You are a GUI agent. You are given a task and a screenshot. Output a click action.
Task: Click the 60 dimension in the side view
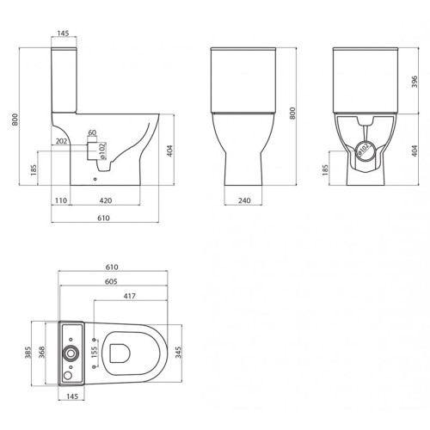click(92, 132)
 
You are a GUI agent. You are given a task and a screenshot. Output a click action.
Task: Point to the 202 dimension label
click(61, 141)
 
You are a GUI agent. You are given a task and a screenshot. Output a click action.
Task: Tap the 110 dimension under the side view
click(61, 200)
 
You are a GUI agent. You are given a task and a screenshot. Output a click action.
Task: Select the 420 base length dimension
click(106, 200)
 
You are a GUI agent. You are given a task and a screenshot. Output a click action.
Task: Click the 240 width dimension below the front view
click(244, 200)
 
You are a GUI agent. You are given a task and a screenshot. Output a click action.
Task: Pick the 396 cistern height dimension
click(415, 82)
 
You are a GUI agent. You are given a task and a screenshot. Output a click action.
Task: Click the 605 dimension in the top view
click(111, 281)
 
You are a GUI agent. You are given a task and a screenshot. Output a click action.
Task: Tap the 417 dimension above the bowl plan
click(129, 296)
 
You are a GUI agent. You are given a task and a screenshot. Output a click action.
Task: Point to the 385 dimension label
click(28, 353)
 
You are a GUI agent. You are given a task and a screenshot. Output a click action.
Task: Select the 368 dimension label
click(42, 353)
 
